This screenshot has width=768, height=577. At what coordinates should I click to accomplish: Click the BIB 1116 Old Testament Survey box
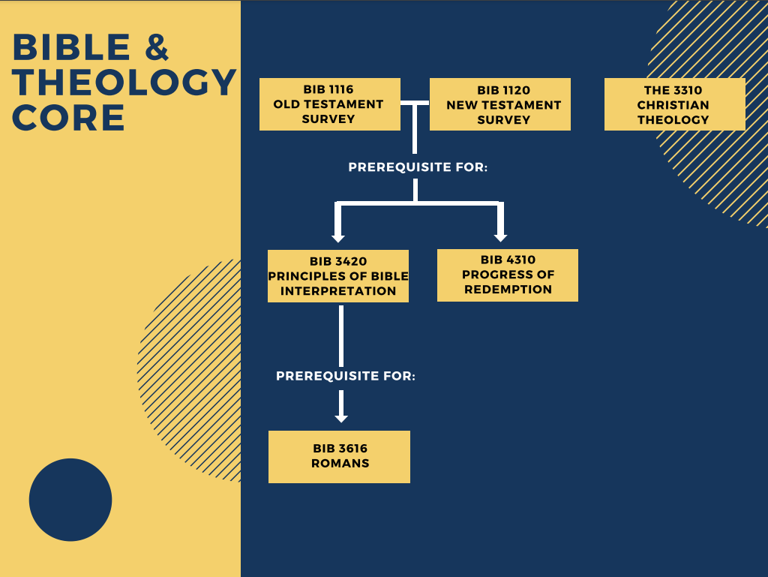[x=329, y=104]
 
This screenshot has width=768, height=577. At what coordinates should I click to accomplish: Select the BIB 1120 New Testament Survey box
[x=500, y=104]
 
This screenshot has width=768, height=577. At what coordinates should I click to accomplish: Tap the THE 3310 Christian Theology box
[x=674, y=104]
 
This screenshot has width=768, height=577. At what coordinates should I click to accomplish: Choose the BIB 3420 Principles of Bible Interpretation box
[x=338, y=276]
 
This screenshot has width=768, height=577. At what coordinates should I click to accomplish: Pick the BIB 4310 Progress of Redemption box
[x=508, y=275]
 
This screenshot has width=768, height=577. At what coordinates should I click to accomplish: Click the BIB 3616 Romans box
[x=339, y=456]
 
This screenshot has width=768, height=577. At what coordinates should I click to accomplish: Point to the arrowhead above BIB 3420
[x=338, y=237]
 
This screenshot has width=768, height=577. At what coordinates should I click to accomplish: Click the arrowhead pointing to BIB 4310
[x=501, y=236]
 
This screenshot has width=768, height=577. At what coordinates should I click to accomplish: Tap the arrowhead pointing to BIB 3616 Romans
[x=341, y=416]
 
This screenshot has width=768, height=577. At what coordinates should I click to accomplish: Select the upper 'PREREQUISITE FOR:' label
[x=418, y=167]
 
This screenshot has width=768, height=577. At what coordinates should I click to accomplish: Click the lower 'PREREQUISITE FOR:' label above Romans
[x=346, y=376]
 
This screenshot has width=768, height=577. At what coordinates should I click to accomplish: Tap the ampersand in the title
[x=157, y=48]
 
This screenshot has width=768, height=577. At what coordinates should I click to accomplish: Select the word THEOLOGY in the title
[x=124, y=83]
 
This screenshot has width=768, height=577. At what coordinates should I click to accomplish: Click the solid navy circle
[x=70, y=500]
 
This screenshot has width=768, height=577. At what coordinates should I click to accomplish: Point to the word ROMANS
[x=340, y=464]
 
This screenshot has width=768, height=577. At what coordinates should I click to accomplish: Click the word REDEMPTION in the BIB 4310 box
[x=508, y=290]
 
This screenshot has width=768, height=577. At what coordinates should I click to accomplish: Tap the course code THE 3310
[x=673, y=90]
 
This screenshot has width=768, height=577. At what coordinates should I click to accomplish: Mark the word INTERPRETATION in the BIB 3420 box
[x=338, y=291]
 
